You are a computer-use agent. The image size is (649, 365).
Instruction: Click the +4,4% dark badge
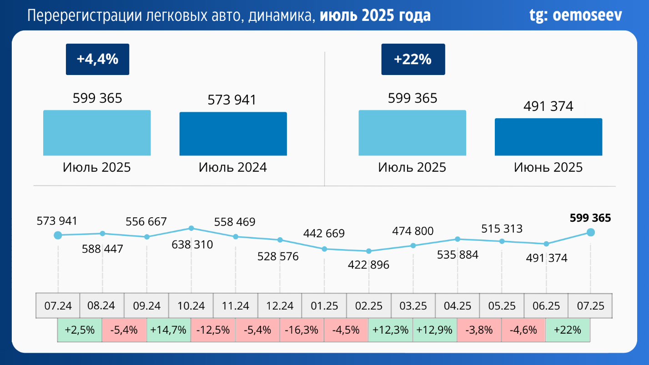pyautogui.click(x=97, y=59)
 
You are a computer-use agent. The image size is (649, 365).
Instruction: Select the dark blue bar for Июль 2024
pyautogui.click(x=233, y=134)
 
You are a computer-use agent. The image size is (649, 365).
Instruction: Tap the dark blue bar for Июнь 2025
pyautogui.click(x=548, y=137)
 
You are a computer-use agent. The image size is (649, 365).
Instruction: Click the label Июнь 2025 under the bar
pyautogui.click(x=548, y=167)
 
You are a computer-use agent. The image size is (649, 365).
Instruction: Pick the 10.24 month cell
pyautogui.click(x=191, y=305)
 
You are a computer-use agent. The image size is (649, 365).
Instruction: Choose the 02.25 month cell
pyautogui.click(x=369, y=305)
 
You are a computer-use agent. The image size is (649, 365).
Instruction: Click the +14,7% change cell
pyautogui.click(x=169, y=330)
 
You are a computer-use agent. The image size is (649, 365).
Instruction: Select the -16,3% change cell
pyautogui.click(x=302, y=330)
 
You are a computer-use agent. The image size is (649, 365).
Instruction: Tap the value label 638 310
pyautogui.click(x=192, y=245)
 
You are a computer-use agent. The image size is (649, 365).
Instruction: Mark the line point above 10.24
pyautogui.click(x=191, y=228)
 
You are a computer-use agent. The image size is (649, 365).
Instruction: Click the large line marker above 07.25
pyautogui.click(x=590, y=232)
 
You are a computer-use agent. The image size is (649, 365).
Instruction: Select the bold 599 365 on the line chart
pyautogui.click(x=590, y=218)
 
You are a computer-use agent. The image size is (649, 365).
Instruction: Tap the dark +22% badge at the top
pyautogui.click(x=413, y=59)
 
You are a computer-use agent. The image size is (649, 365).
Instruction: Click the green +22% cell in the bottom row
pyautogui.click(x=568, y=330)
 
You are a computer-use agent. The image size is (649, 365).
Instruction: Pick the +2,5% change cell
pyautogui.click(x=80, y=330)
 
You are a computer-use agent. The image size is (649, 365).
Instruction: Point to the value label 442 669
pyautogui.click(x=324, y=234)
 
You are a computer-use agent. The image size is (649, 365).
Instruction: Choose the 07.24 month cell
pyautogui.click(x=58, y=305)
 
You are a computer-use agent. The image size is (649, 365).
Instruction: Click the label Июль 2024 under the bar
pyautogui.click(x=233, y=167)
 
